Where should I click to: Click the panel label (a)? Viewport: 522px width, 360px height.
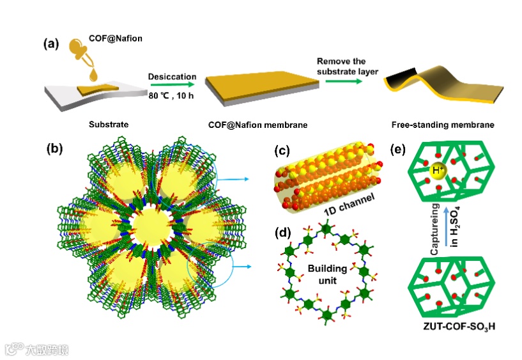(51, 45)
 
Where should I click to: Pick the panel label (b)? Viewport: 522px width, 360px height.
(55, 150)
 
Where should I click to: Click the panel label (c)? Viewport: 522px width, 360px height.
(282, 151)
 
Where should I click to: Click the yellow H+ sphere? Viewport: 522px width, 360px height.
(438, 173)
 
